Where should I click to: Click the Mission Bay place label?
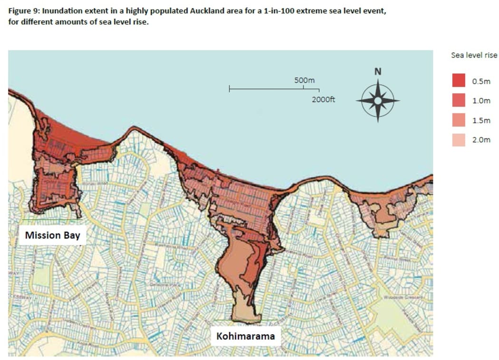pos(52,235)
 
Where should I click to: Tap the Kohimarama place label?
pos(245,336)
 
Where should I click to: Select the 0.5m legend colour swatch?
pos(458,81)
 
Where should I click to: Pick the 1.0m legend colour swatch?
pos(458,101)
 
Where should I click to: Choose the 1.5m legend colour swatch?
pos(458,120)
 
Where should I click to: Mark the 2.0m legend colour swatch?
pos(458,140)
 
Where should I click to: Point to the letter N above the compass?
pos(377,72)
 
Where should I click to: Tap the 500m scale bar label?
pos(305,80)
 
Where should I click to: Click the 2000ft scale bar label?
pos(324,100)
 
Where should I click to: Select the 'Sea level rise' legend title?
pos(474,55)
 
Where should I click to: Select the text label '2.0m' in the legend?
pos(481,140)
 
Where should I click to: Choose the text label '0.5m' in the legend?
pos(481,81)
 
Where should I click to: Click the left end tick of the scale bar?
pos(230,89)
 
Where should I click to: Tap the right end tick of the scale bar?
pos(319,89)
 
